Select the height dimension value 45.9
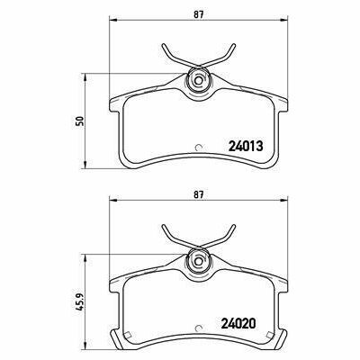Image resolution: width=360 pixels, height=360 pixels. pos(79,293)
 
